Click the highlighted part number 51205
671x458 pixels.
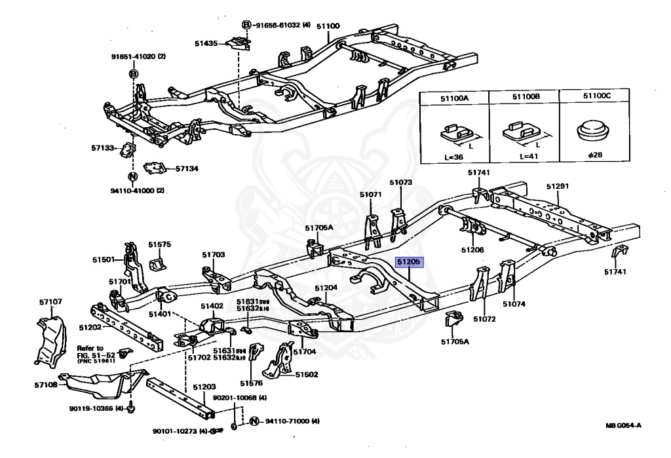click(410, 261)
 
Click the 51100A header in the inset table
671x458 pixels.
click(454, 98)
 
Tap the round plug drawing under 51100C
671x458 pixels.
click(596, 130)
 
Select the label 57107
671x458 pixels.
click(50, 302)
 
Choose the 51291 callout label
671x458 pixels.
click(558, 186)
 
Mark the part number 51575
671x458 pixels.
click(159, 244)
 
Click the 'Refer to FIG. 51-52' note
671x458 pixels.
click(91, 354)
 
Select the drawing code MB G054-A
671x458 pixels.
click(623, 426)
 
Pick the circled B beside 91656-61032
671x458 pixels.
click(246, 25)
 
